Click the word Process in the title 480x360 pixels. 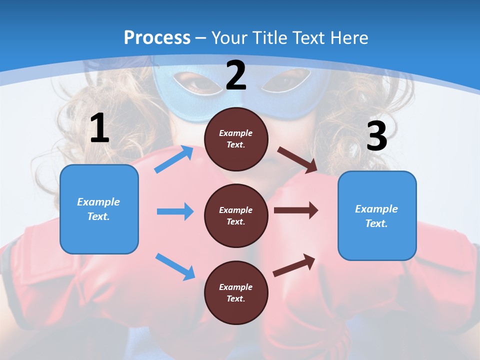[157, 38]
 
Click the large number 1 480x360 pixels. [99, 128]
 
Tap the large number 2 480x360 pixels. [236, 75]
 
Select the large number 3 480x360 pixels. [376, 136]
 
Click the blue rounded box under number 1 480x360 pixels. [99, 209]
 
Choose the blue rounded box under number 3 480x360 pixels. [377, 215]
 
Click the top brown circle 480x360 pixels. [236, 139]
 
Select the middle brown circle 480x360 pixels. [236, 215]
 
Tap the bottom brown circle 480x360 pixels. [236, 292]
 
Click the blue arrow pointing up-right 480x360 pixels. [174, 159]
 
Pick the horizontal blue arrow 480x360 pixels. [175, 211]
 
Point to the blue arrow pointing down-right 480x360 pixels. [175, 266]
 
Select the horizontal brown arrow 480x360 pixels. [296, 210]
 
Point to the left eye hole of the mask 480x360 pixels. [198, 83]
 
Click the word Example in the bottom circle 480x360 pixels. [236, 287]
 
